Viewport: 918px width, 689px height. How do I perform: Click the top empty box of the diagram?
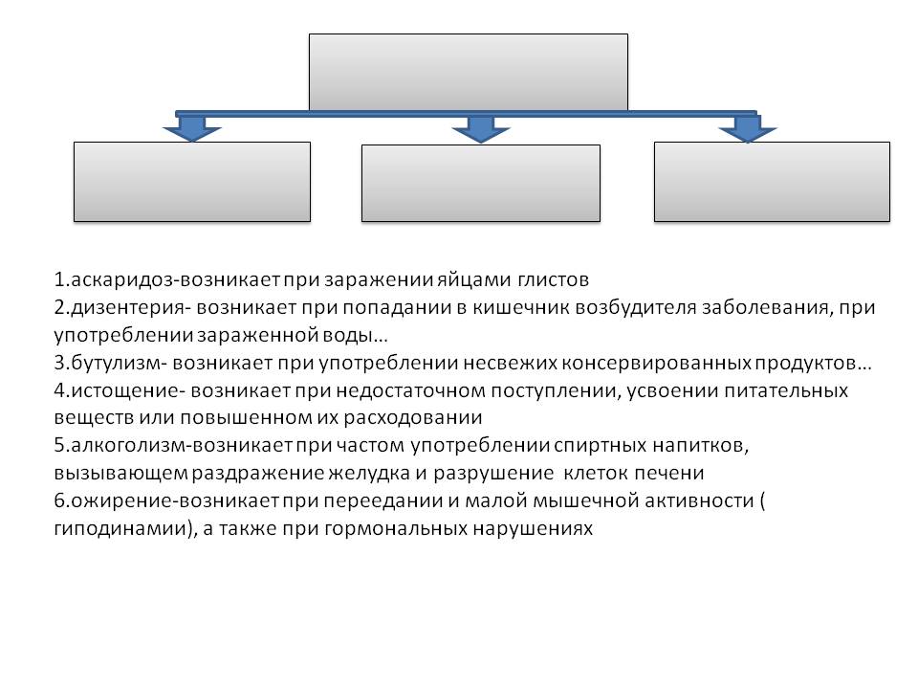(469, 73)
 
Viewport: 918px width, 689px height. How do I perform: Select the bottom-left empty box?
(192, 182)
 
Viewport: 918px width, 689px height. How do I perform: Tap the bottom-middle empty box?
(481, 184)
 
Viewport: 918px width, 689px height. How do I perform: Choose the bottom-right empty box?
(772, 182)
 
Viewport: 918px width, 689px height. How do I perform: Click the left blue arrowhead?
(192, 128)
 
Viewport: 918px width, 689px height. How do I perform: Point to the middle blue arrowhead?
(473, 128)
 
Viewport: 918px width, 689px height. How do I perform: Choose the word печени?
(673, 475)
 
